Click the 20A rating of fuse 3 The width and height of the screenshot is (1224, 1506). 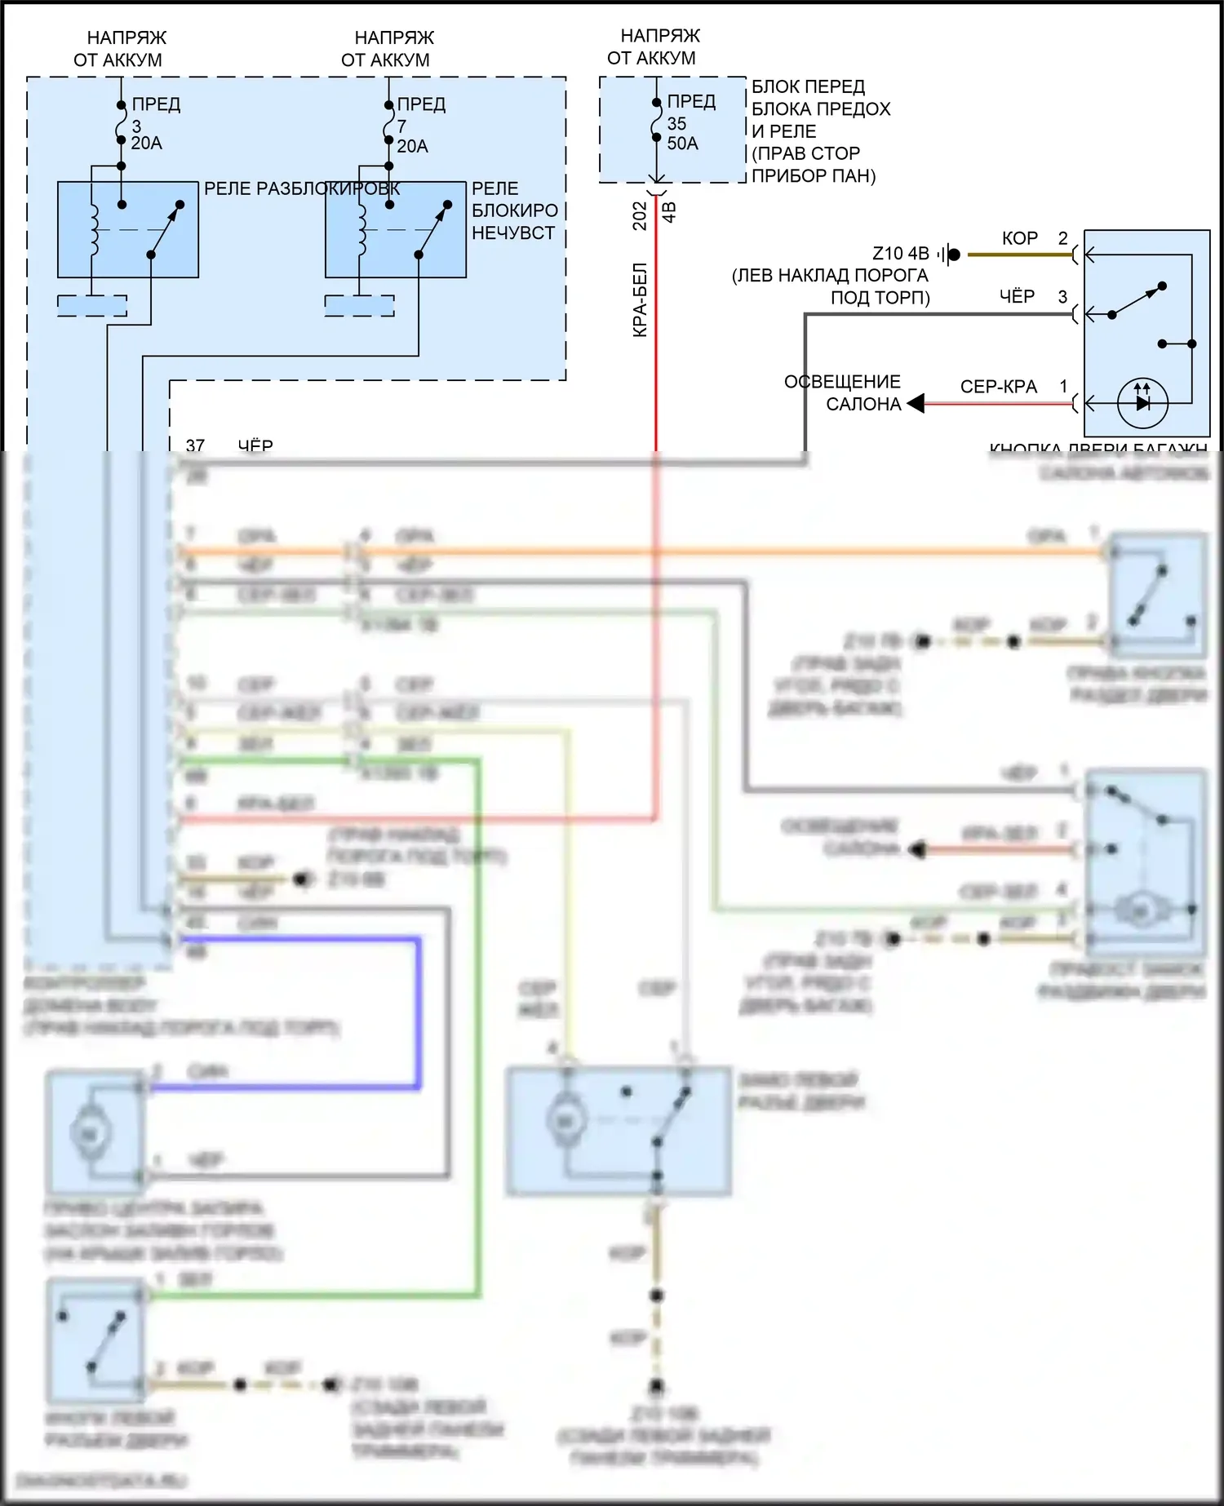pos(147,144)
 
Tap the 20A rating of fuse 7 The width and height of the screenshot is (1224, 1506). pos(413,147)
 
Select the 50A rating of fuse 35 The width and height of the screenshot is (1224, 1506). pos(683,144)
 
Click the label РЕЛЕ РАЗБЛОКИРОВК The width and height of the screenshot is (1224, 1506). pos(301,188)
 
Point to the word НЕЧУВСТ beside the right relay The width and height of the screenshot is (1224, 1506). pos(513,233)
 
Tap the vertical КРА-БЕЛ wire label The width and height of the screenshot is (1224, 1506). pos(641,299)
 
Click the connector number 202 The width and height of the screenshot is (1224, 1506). pos(641,216)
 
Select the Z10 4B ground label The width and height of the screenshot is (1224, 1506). pos(901,254)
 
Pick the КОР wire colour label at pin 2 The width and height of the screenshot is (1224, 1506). pos(1020,238)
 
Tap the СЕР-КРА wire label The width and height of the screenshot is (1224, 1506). pos(999,387)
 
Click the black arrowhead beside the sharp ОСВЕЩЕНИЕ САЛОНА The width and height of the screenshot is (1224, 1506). pos(916,403)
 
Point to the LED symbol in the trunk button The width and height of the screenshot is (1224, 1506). pos(1142,402)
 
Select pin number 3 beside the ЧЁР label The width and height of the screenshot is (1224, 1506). pos(1062,297)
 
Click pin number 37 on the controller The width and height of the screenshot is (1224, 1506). pos(195,445)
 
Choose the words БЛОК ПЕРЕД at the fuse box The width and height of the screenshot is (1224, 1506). pos(808,86)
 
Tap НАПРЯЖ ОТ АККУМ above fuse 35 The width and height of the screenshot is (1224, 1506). pos(653,47)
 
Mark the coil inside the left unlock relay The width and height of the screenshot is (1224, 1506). pos(93,230)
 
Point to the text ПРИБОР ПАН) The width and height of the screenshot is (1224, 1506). pos(813,176)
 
